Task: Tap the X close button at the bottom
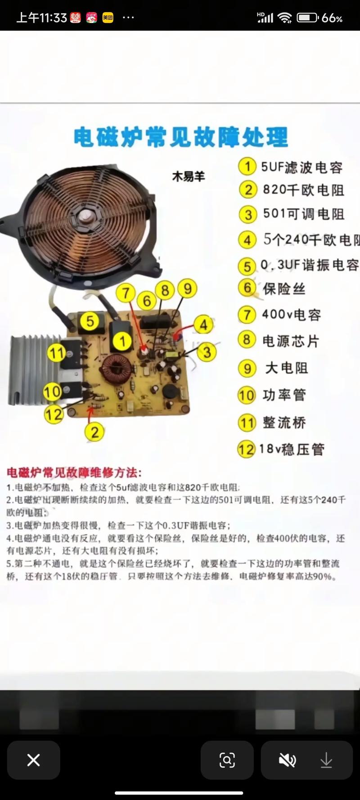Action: pos(33,760)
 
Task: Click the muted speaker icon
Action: pos(287,760)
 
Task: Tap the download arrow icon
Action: pos(326,760)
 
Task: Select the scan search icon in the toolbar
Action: pos(227,760)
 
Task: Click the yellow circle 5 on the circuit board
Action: pos(90,321)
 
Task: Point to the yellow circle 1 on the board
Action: pos(122,341)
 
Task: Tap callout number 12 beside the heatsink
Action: pos(54,414)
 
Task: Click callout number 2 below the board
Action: pos(94,432)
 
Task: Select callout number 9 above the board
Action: pos(188,288)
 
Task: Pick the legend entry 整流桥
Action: pos(284,422)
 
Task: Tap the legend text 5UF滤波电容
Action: pos(301,167)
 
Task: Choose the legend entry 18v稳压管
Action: pos(292,449)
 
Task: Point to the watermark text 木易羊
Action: pos(188,176)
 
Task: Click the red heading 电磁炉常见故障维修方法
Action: pos(74,473)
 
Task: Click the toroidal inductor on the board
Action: pos(116,369)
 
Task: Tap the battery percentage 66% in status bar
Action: pos(332,18)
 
